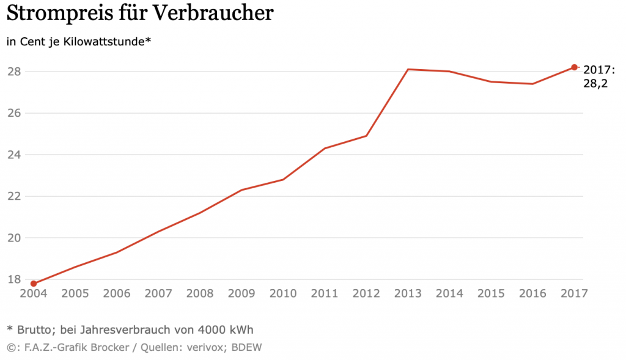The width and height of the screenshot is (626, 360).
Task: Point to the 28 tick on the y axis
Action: coord(14,72)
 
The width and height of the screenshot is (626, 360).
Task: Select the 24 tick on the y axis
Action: coord(14,155)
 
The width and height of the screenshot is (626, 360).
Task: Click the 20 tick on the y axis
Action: coord(14,238)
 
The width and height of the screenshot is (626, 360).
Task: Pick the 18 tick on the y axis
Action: coord(14,279)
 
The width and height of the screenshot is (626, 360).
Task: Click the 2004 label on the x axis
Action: coord(34,293)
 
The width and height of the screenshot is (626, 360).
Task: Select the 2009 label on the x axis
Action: coord(241,293)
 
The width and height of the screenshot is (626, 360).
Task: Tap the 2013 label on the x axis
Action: coord(408,293)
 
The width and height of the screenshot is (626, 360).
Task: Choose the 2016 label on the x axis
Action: coord(532,293)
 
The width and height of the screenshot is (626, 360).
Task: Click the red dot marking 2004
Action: coord(34,284)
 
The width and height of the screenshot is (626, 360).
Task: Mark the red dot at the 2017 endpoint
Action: coord(574,67)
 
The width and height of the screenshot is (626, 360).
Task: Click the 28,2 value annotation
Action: coord(595,84)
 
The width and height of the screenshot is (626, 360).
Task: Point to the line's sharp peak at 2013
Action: coord(408,70)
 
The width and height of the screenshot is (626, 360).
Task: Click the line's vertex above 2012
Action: coord(366,136)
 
